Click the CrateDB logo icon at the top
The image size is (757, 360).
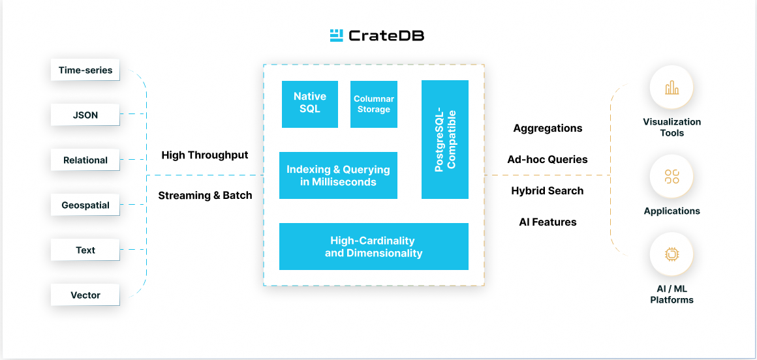point(337,36)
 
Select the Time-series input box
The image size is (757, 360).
point(85,70)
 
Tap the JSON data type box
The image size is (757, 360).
point(85,115)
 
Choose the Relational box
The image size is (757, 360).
point(85,160)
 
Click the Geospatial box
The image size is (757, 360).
point(85,205)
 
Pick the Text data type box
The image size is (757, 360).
point(85,250)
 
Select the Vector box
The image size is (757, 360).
point(85,295)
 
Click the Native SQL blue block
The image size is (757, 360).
point(310,104)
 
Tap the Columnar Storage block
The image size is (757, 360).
point(374,104)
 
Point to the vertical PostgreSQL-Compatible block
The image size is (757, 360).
point(445,140)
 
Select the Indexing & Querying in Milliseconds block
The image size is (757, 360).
point(338,175)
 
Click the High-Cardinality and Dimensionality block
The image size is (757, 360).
point(374,247)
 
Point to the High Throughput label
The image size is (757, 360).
point(205,155)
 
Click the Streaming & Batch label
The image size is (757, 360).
point(205,196)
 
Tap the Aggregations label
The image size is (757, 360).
point(548,128)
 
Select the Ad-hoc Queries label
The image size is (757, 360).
point(548,160)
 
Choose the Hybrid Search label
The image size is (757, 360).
point(548,191)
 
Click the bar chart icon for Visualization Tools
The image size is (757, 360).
point(672,88)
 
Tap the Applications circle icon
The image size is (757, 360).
point(672,177)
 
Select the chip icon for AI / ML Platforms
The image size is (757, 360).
point(672,254)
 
